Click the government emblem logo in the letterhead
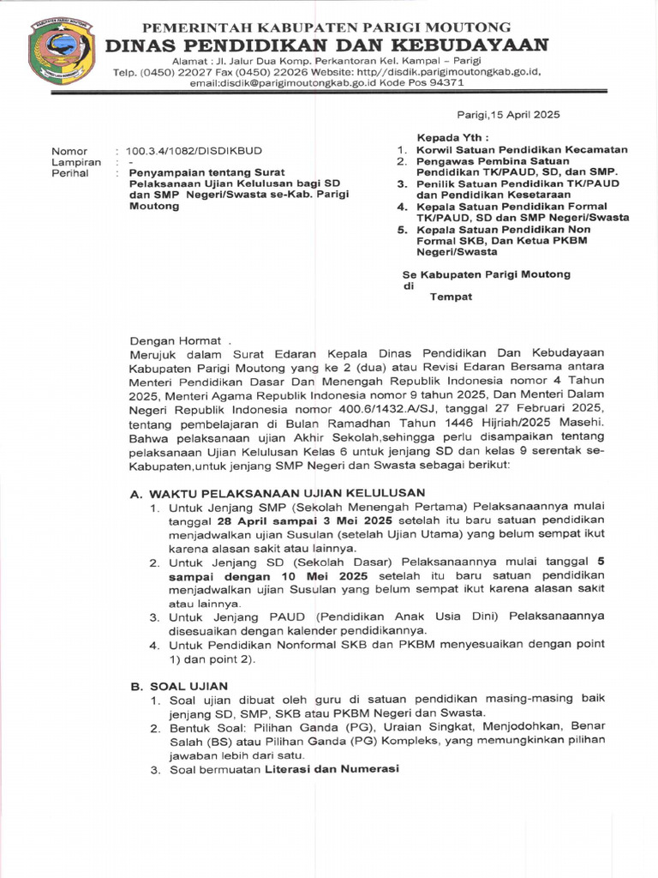tap(61, 51)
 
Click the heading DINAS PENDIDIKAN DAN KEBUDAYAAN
tap(326, 45)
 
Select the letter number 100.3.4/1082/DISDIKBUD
tap(196, 150)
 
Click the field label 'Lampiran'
tap(76, 161)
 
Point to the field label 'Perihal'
tap(70, 172)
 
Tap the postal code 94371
tap(446, 83)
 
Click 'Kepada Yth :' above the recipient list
tap(453, 137)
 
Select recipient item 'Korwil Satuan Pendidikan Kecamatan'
tap(522, 149)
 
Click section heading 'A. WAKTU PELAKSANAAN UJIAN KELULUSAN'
tap(277, 493)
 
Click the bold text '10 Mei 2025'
tap(332, 576)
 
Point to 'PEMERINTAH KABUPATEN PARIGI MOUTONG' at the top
tap(326, 27)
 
